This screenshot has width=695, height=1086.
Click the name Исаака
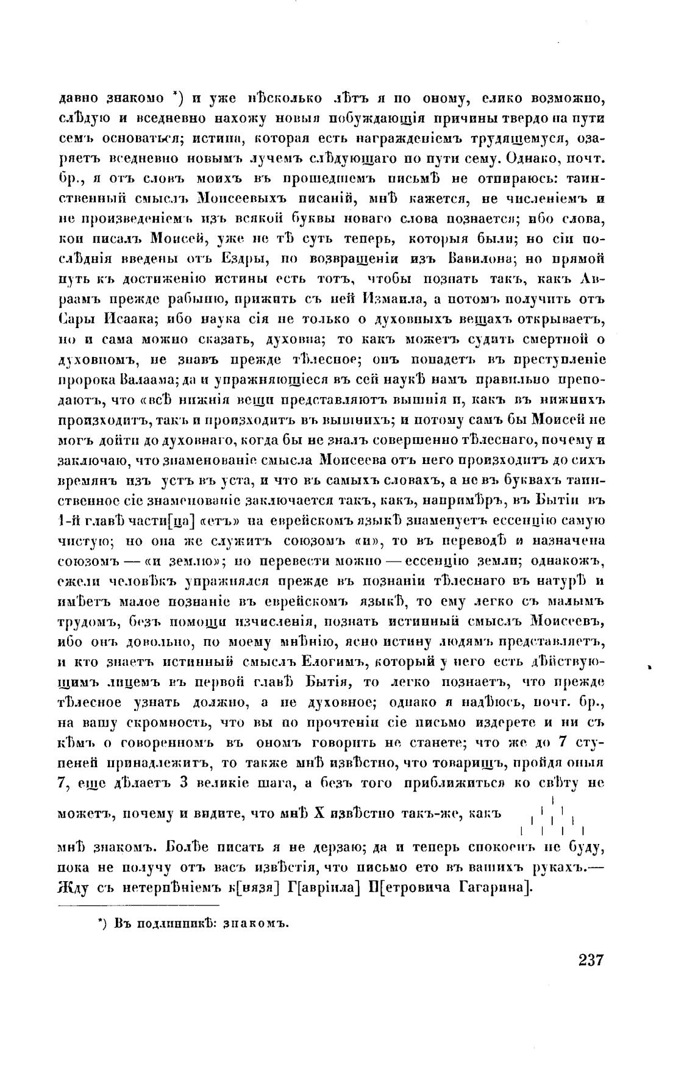[x=129, y=319]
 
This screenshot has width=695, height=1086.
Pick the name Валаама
[x=147, y=379]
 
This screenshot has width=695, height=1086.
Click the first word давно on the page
[x=82, y=98]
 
